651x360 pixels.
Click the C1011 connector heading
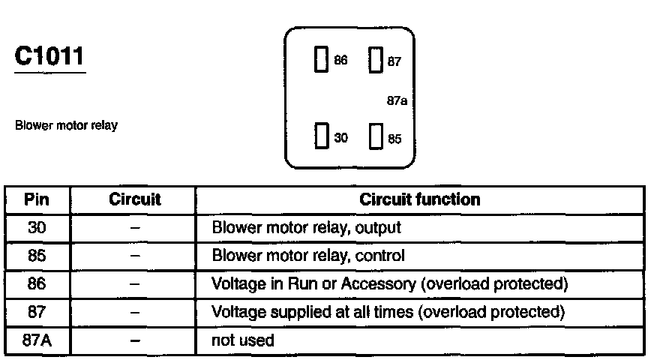point(49,57)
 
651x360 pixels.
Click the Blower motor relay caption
point(66,126)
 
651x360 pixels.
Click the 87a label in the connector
point(397,100)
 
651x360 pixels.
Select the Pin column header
point(37,200)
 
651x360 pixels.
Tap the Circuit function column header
point(420,200)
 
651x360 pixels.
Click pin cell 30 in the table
point(37,227)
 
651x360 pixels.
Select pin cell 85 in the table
point(37,256)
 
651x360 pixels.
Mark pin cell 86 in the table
point(37,284)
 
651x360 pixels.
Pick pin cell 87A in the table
point(37,340)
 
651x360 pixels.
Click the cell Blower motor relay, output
point(307,227)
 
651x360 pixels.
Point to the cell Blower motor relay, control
point(308,256)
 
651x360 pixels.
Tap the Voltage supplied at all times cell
point(388,312)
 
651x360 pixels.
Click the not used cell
point(244,340)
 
